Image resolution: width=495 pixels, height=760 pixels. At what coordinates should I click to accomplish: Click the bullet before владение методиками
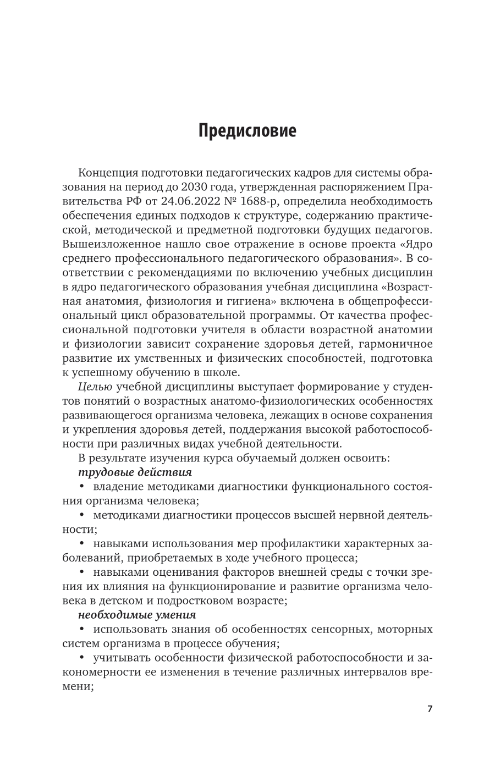click(82, 487)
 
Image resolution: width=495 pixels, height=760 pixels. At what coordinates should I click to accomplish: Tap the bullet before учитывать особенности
click(82, 658)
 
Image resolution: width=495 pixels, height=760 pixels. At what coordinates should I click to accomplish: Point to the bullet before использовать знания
click(82, 629)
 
